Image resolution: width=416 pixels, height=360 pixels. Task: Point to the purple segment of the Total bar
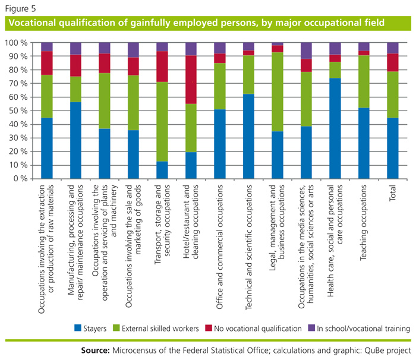393,48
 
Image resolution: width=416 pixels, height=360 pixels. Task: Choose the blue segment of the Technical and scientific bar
248,136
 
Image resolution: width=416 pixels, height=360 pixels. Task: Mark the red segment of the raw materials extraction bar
46,63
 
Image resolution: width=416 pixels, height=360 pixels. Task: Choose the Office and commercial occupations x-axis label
219,235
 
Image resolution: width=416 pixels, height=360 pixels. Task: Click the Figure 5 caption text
20,8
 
